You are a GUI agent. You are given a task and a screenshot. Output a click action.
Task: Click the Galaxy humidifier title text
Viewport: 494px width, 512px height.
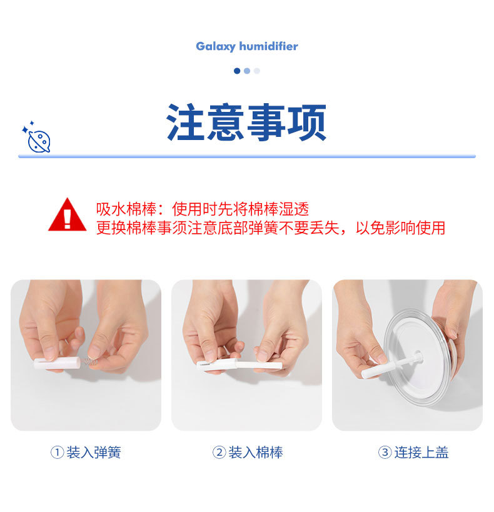246,46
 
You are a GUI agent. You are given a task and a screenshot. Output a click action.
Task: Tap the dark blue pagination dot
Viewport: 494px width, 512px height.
237,71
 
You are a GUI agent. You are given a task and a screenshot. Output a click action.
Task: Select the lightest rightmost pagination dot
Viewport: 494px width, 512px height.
257,71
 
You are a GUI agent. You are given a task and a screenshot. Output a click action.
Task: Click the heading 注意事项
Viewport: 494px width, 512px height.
246,123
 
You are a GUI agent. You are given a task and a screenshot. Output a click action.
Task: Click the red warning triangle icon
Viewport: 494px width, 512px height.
68,216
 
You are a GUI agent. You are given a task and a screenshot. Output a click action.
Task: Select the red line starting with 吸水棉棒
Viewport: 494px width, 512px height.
203,209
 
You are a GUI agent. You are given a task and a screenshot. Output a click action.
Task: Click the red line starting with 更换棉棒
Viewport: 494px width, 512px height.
270,228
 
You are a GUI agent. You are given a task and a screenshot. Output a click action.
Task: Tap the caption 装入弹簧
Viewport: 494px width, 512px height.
93,453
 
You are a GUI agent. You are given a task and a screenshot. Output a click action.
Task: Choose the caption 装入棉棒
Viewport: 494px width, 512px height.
255,453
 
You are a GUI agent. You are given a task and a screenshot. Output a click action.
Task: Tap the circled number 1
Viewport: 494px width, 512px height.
57,453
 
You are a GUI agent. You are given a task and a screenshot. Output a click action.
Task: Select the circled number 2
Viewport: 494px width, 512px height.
219,453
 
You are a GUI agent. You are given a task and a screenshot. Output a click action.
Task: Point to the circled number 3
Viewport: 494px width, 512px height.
385,453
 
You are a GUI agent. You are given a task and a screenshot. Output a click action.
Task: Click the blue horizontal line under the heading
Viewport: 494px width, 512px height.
246,156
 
